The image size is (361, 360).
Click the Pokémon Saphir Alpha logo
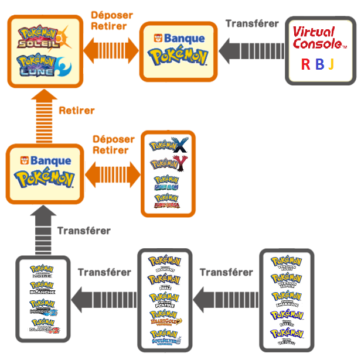pos(168,182)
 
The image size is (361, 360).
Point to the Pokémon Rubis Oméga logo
pos(168,200)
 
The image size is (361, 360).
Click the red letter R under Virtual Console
pos(305,64)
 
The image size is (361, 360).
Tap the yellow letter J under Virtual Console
pos(331,64)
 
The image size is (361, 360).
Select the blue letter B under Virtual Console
pos(319,64)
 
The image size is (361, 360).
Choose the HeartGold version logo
pos(165,317)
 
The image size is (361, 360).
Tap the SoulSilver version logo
pos(165,337)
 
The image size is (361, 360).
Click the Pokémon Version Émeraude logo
pos(287,297)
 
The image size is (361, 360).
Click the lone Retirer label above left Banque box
pos(77,110)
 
